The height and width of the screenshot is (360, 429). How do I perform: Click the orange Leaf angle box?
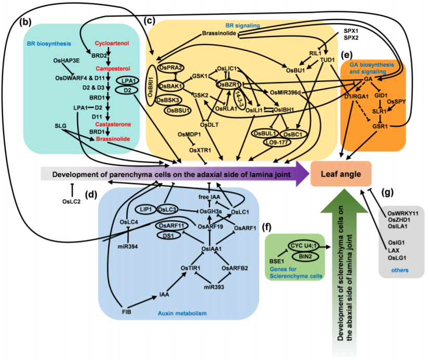341,174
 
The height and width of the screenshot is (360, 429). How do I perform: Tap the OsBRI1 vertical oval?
151,86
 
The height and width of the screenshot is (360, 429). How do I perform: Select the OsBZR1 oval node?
228,85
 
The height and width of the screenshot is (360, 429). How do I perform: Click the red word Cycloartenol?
112,43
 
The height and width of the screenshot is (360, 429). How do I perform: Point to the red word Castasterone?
113,124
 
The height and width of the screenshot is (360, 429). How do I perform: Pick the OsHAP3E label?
67,61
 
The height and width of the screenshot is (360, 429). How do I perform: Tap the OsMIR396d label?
285,92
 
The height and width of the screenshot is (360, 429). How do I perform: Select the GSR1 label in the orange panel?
380,126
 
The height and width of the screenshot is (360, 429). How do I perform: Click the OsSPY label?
396,102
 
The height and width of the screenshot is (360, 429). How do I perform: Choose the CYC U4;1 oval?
303,246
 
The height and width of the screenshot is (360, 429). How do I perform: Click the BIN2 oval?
305,257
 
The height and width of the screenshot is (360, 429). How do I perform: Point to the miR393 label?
214,287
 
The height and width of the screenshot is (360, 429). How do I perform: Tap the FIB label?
126,312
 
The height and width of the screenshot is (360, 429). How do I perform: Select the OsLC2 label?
71,202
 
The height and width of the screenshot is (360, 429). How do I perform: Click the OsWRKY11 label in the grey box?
403,213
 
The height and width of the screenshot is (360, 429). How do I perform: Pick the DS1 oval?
168,235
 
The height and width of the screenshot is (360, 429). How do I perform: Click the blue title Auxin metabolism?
182,313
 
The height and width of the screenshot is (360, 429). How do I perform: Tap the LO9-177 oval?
277,142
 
